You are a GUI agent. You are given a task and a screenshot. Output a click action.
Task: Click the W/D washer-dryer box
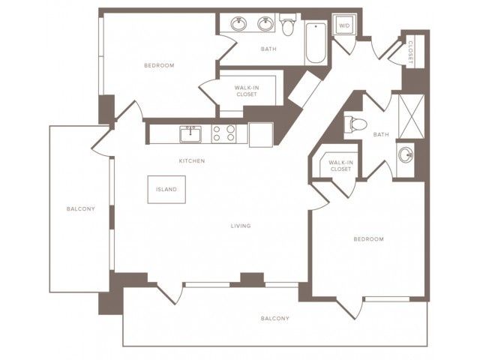[344, 25]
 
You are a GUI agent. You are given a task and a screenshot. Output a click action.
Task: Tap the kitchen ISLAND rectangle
[166, 190]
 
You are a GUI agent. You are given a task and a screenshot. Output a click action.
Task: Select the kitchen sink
[190, 134]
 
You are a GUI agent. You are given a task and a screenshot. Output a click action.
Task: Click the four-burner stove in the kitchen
[223, 133]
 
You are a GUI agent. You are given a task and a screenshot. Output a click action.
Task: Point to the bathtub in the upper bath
[315, 43]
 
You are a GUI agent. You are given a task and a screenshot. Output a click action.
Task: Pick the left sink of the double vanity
[238, 23]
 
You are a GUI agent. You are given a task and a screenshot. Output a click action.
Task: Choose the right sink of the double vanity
[265, 23]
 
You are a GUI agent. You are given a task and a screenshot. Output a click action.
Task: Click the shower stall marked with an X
[412, 116]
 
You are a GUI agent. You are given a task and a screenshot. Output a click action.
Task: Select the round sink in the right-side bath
[406, 156]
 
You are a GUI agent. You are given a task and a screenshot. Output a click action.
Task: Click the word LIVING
[241, 226]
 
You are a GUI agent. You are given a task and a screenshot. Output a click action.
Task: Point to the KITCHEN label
[192, 160]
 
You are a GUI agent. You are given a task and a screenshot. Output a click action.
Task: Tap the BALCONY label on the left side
[81, 208]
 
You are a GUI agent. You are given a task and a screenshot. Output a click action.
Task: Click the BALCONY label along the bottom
[275, 318]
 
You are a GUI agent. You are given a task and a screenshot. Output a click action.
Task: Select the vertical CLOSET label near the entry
[410, 52]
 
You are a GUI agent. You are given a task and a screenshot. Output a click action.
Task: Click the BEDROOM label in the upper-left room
[159, 65]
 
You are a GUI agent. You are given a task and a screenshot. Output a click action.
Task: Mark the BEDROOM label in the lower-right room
[368, 239]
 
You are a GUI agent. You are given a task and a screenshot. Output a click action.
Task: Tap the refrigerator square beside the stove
[261, 135]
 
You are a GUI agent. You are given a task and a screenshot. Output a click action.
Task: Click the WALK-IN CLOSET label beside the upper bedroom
[247, 91]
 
